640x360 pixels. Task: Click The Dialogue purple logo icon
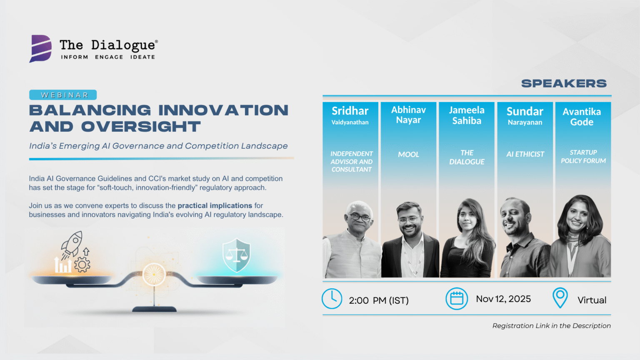40,48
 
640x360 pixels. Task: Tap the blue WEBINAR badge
63,95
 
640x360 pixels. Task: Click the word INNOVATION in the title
223,110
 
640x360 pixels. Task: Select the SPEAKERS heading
564,83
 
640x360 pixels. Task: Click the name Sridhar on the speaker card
350,111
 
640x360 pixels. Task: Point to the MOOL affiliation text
409,154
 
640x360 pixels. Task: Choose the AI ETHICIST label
525,154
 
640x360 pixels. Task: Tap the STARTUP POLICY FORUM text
583,157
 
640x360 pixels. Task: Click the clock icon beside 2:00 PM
332,299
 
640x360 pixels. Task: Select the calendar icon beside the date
457,299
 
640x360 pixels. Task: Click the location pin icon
560,298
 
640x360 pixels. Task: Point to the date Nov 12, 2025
503,299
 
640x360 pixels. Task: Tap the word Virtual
592,300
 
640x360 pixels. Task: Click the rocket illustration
72,245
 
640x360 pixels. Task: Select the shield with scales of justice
236,255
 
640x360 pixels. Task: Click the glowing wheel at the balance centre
154,274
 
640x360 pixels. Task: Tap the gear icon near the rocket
82,265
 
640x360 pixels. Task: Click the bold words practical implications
215,206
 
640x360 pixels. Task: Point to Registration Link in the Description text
551,326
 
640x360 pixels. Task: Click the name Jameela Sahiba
467,115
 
